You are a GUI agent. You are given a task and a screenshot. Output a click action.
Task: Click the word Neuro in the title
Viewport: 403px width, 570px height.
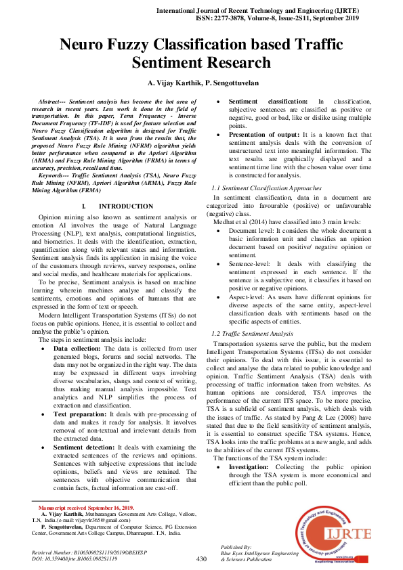click(87, 46)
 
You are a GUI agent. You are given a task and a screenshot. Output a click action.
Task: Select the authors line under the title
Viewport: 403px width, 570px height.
click(201, 83)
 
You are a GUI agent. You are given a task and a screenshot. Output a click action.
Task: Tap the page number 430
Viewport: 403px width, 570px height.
click(201, 559)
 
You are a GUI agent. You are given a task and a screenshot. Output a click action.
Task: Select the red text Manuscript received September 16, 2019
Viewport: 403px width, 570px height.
click(86, 508)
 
